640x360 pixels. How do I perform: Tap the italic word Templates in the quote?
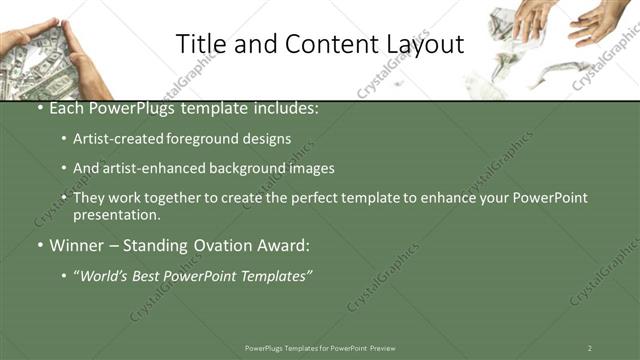(276, 275)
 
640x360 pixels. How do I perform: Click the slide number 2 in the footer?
(590, 348)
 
